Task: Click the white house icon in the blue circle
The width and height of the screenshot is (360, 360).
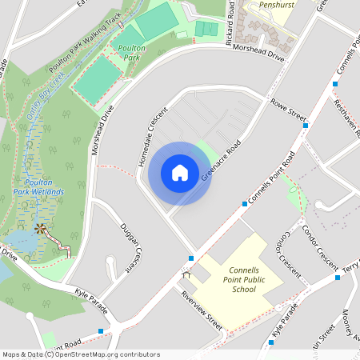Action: click(180, 173)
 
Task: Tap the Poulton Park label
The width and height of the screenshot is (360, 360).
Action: click(130, 53)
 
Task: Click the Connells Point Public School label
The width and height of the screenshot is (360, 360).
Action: click(239, 279)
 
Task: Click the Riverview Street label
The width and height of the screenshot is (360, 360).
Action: click(201, 307)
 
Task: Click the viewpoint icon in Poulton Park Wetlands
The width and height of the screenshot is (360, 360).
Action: click(41, 230)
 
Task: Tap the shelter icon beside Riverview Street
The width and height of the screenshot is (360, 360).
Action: click(187, 275)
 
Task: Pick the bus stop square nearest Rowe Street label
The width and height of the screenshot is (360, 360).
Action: click(306, 125)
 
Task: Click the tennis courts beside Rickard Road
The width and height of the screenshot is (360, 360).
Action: click(206, 29)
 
